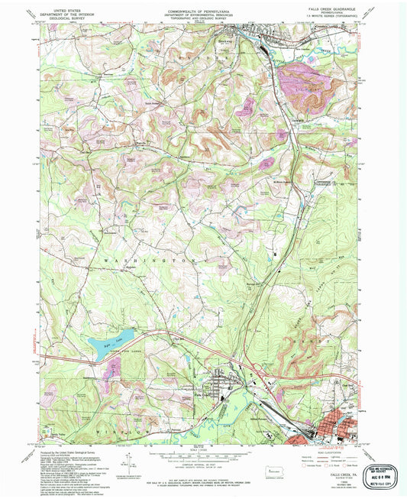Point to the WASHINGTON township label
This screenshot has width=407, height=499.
pyautogui.click(x=145, y=260)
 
